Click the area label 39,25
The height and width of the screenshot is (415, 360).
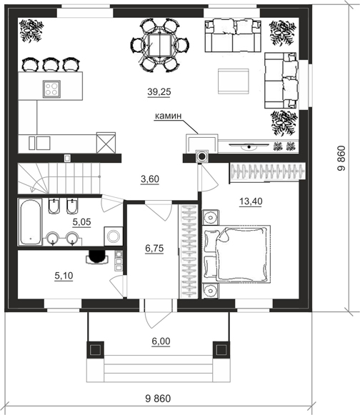[x=159, y=92]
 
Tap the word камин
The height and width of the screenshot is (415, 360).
[x=168, y=116]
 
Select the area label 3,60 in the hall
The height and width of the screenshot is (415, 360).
[x=150, y=179]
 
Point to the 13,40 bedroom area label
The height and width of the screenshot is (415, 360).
[x=251, y=201]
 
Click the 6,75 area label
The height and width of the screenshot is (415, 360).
[x=154, y=249]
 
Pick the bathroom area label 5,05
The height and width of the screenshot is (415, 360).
[x=82, y=222]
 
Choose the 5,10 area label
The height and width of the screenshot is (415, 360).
[x=64, y=276]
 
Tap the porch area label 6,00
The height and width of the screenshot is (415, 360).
[x=161, y=341]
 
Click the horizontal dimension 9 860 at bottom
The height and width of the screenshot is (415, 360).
[x=158, y=399]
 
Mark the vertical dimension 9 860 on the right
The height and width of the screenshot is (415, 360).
[x=341, y=158]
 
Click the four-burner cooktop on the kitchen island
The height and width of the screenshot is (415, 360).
[x=51, y=89]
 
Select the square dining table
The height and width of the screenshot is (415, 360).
[x=160, y=45]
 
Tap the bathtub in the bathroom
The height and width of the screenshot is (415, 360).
[x=31, y=222]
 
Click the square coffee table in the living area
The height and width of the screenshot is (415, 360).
[x=233, y=81]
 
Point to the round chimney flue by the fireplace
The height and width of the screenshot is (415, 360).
[x=202, y=156]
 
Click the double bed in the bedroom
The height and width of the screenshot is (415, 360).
[x=237, y=254]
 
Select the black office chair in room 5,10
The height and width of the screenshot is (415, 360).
[x=97, y=257]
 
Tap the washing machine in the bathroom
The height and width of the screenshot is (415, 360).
[x=114, y=236]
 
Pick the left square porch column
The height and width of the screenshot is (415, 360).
[x=95, y=350]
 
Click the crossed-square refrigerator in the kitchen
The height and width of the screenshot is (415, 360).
[x=106, y=143]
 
